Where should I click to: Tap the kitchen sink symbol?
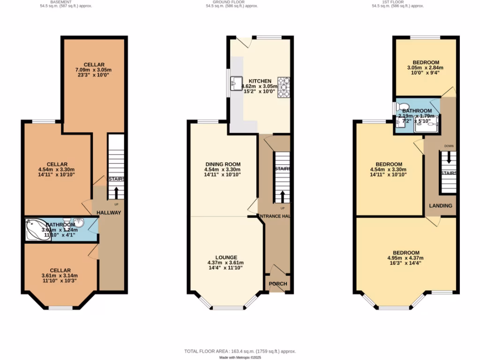235,84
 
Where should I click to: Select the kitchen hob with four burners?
284,87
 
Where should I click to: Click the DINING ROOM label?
222,164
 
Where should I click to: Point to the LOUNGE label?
226,257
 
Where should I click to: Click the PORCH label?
277,284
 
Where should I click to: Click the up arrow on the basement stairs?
116,193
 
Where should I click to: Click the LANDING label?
441,206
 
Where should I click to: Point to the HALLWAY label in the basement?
109,213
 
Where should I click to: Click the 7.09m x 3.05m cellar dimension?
94,70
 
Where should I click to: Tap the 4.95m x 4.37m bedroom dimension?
405,258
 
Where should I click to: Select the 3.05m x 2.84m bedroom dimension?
426,68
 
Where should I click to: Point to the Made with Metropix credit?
240,357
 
